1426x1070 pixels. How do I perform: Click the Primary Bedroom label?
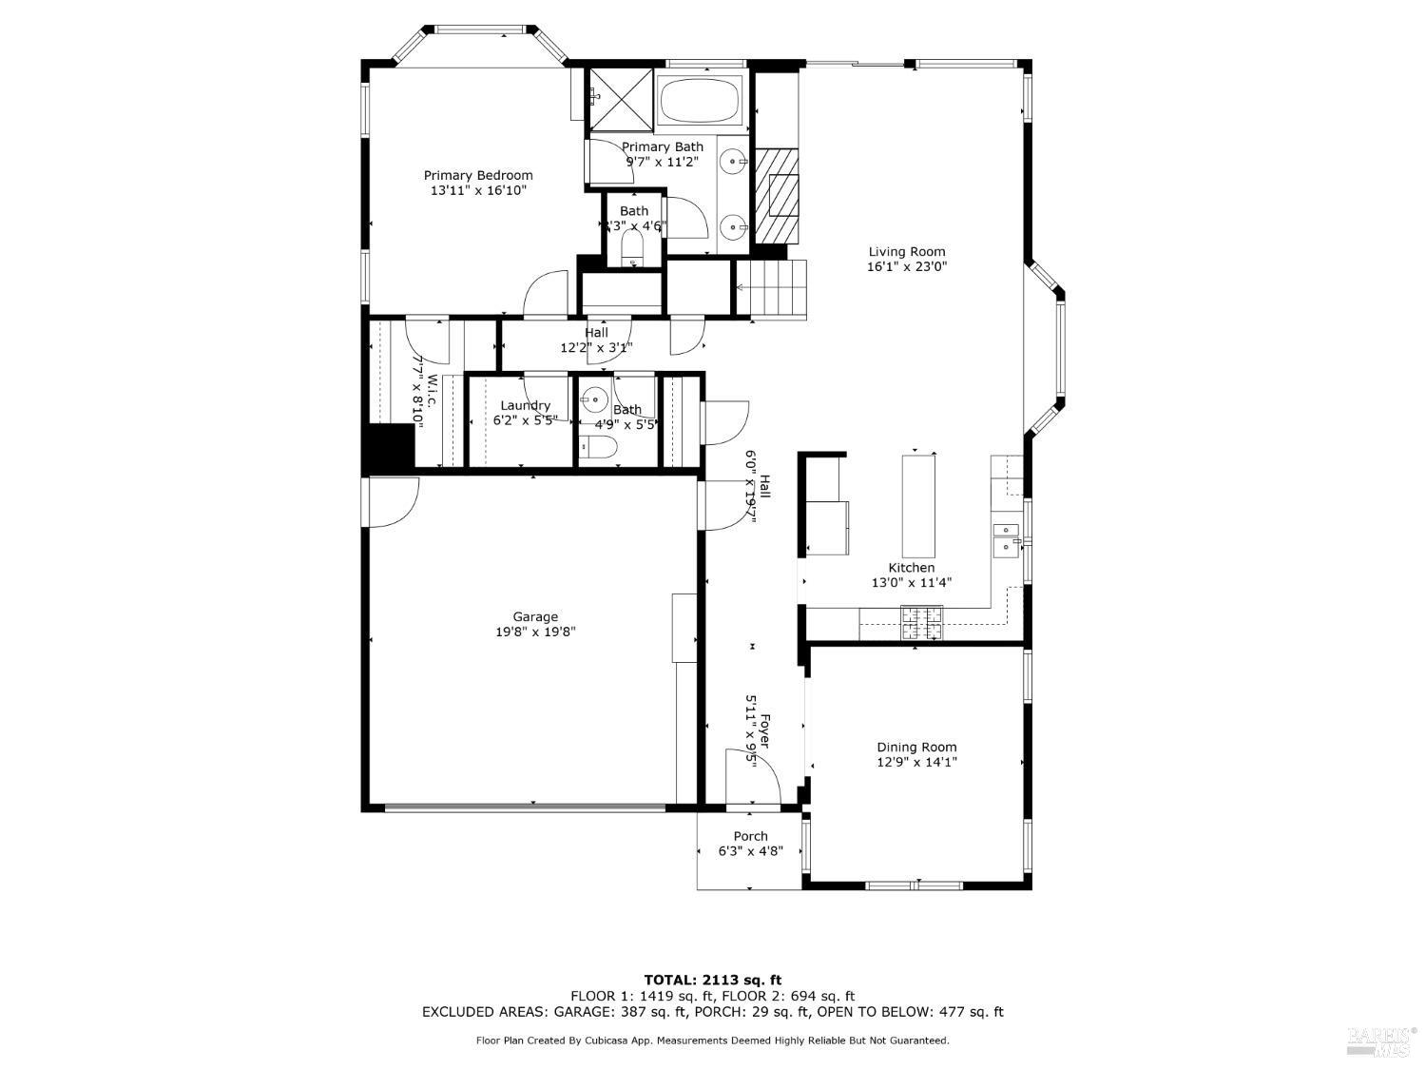point(477,175)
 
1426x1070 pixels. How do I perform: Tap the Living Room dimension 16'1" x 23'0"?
point(906,267)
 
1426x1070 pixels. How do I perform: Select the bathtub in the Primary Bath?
point(702,100)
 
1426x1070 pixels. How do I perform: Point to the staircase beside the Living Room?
point(773,288)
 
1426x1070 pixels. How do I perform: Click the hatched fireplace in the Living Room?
point(777,196)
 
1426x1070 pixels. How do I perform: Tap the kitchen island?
point(917,506)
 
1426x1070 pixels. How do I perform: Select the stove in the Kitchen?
point(921,623)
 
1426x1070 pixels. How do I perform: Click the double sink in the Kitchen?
point(1005,538)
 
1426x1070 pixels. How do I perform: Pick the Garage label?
point(535,616)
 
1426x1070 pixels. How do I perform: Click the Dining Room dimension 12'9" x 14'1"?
point(916,762)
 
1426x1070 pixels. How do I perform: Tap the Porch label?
point(750,836)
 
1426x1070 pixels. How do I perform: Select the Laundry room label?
point(525,405)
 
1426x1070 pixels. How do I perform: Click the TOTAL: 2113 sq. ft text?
point(712,979)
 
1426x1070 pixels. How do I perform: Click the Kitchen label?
point(911,568)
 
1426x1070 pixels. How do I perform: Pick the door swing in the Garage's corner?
point(391,500)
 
